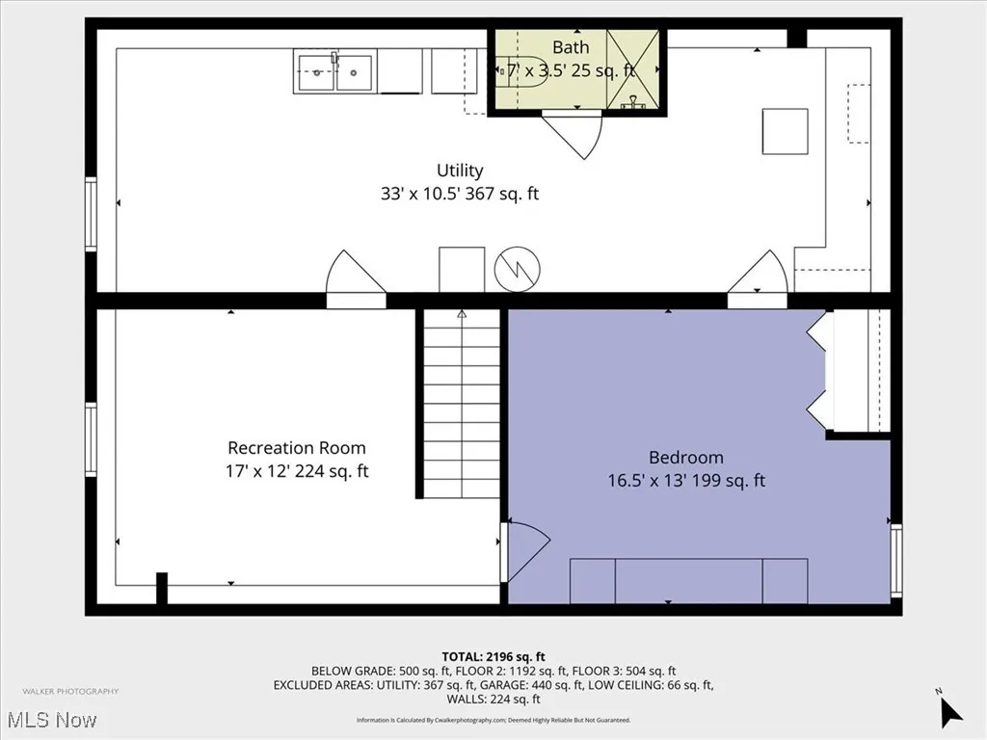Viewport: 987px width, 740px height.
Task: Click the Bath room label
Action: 571,47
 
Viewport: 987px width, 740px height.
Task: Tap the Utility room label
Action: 460,171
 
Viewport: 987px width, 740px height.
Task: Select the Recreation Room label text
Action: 297,448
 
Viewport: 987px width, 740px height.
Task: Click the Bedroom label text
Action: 686,458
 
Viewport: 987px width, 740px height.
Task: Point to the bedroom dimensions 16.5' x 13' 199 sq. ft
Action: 686,480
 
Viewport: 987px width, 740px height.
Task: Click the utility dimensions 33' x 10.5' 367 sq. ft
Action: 460,194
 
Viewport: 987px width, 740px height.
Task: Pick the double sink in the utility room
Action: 334,72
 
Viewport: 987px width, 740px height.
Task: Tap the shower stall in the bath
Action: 633,69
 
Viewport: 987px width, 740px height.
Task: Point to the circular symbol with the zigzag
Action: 518,271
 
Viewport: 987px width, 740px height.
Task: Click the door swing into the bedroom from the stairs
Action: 525,549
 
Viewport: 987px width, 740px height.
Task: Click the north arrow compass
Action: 949,710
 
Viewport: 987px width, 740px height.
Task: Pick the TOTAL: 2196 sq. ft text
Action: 493,657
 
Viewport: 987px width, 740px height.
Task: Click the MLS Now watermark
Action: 50,720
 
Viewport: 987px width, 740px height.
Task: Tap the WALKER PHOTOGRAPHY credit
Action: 70,691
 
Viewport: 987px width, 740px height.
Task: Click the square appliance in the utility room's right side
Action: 785,131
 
